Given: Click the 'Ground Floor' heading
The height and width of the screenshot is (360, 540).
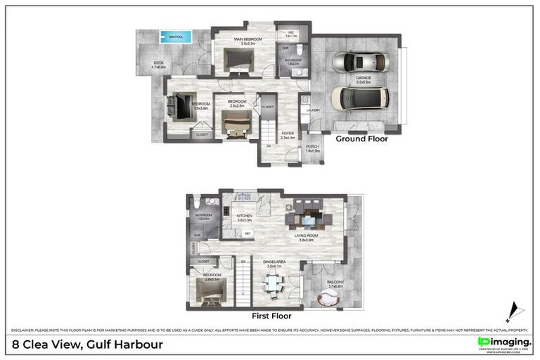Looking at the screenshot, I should click(361, 139).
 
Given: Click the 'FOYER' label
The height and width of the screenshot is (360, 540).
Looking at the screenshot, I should click(288, 132).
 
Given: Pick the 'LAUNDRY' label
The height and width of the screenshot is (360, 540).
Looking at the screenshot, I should click(313, 110).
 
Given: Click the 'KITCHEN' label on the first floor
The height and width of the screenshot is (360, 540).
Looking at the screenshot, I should click(244, 216).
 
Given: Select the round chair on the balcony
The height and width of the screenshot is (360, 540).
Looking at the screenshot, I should click(328, 297).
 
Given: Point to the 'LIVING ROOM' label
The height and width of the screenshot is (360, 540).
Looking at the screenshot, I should click(304, 236).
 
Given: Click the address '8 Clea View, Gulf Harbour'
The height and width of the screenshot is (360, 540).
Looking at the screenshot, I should click(88, 344).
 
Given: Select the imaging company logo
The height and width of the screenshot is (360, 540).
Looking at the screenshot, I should click(503, 342).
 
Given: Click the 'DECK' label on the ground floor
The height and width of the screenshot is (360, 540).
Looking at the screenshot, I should click(159, 64).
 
